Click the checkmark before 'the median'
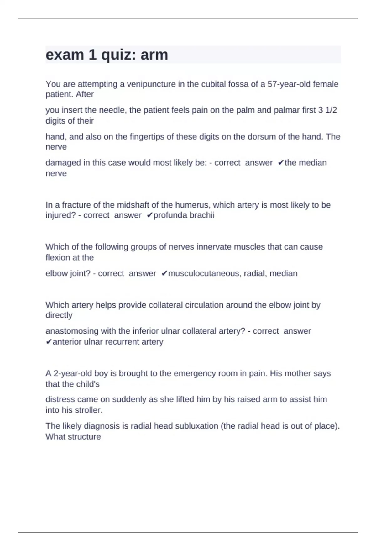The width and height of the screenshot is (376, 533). click(281, 163)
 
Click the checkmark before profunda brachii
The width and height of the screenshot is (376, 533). click(149, 215)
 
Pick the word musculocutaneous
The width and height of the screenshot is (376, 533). click(204, 273)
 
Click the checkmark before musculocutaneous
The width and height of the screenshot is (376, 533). click(164, 273)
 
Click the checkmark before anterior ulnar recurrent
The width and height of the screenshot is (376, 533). click(49, 342)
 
